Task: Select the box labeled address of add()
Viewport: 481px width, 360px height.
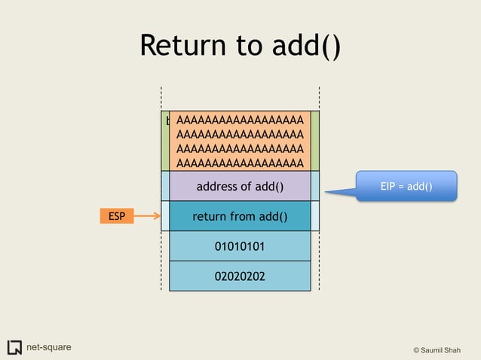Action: (x=240, y=186)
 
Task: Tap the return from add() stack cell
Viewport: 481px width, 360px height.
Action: (x=240, y=217)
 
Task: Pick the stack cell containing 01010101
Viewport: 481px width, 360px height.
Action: (x=240, y=246)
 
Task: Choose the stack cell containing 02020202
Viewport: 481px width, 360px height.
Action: (x=240, y=276)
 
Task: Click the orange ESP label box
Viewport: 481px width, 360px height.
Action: (x=116, y=217)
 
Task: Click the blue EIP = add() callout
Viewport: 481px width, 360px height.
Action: (x=407, y=185)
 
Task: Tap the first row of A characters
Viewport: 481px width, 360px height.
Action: (x=240, y=120)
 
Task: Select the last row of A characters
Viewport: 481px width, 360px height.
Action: (x=240, y=163)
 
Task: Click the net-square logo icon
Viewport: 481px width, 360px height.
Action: (x=14, y=347)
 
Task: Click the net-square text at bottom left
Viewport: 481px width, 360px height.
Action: (x=49, y=347)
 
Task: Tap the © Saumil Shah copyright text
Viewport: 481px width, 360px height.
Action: (x=442, y=350)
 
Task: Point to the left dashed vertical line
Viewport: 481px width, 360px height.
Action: (x=161, y=188)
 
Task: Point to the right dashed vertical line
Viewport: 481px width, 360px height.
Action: (x=320, y=188)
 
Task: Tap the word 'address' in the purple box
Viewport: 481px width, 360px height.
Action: (x=216, y=186)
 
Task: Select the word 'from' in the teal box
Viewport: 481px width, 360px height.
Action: (x=243, y=217)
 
